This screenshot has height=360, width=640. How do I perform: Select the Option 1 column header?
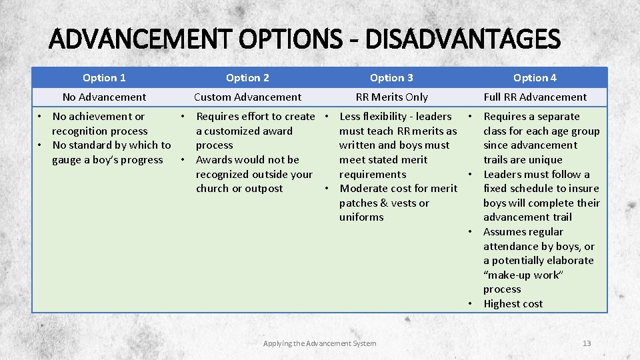point(104,78)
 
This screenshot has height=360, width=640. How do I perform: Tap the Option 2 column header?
point(247,78)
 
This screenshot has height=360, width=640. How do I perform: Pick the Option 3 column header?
point(391,78)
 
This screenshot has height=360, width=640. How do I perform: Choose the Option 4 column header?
point(535,78)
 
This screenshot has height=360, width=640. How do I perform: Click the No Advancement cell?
point(104,97)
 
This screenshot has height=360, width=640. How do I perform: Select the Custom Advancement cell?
point(247,97)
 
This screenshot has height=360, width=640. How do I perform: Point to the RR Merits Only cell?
point(391,97)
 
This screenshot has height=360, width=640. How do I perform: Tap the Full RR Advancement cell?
point(535,97)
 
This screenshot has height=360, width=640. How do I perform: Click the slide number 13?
point(587,343)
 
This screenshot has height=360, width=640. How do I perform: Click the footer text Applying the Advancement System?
point(319,343)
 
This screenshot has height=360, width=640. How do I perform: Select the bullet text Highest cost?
point(513,304)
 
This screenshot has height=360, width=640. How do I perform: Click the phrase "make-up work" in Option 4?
point(523,275)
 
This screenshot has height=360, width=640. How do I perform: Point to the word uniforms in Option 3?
point(361,217)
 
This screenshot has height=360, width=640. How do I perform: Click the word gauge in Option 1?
point(67,160)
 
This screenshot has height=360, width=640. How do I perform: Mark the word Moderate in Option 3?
point(363,189)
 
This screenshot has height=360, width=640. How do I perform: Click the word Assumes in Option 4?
point(505,232)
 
